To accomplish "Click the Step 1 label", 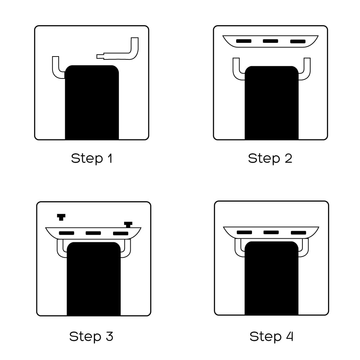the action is click(x=91, y=158).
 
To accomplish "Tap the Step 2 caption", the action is click(x=270, y=158).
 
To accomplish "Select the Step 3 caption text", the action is click(x=91, y=337).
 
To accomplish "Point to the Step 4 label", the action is click(x=271, y=337).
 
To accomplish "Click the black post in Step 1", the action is click(x=92, y=102).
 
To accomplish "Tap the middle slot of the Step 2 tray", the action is click(x=270, y=41).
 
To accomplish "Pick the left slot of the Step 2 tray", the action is click(x=244, y=41).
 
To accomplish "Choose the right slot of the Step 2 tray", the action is click(x=298, y=41).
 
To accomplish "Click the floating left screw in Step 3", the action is click(x=61, y=217).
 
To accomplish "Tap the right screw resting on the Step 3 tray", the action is click(x=128, y=225).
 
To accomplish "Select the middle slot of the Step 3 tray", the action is click(x=93, y=233).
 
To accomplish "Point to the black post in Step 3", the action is click(x=94, y=279).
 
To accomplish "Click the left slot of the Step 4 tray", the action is click(x=244, y=232).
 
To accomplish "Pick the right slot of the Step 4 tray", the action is click(x=298, y=233).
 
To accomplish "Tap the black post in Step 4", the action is click(x=271, y=278).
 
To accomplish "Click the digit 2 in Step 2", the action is click(x=288, y=158).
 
